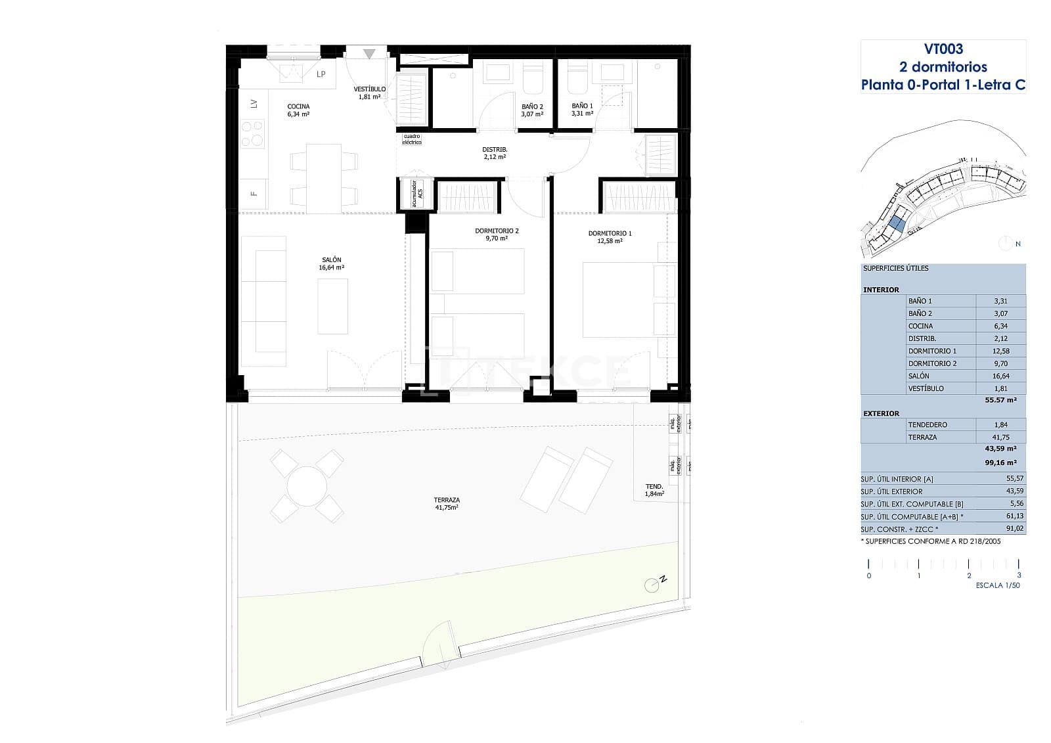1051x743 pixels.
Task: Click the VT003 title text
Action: point(943,49)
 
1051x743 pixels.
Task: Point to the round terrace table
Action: point(307,486)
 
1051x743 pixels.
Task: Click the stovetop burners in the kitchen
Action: point(252,134)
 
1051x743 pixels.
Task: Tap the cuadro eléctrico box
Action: point(412,139)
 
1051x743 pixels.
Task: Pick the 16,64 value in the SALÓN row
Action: point(1000,376)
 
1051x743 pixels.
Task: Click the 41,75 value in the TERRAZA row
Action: point(1000,437)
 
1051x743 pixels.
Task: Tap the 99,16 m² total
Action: point(1000,462)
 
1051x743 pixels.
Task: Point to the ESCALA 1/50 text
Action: point(998,585)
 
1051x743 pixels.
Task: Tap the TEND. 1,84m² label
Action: point(654,490)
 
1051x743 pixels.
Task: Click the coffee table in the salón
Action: point(333,306)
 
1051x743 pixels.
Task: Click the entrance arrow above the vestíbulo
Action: point(370,54)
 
